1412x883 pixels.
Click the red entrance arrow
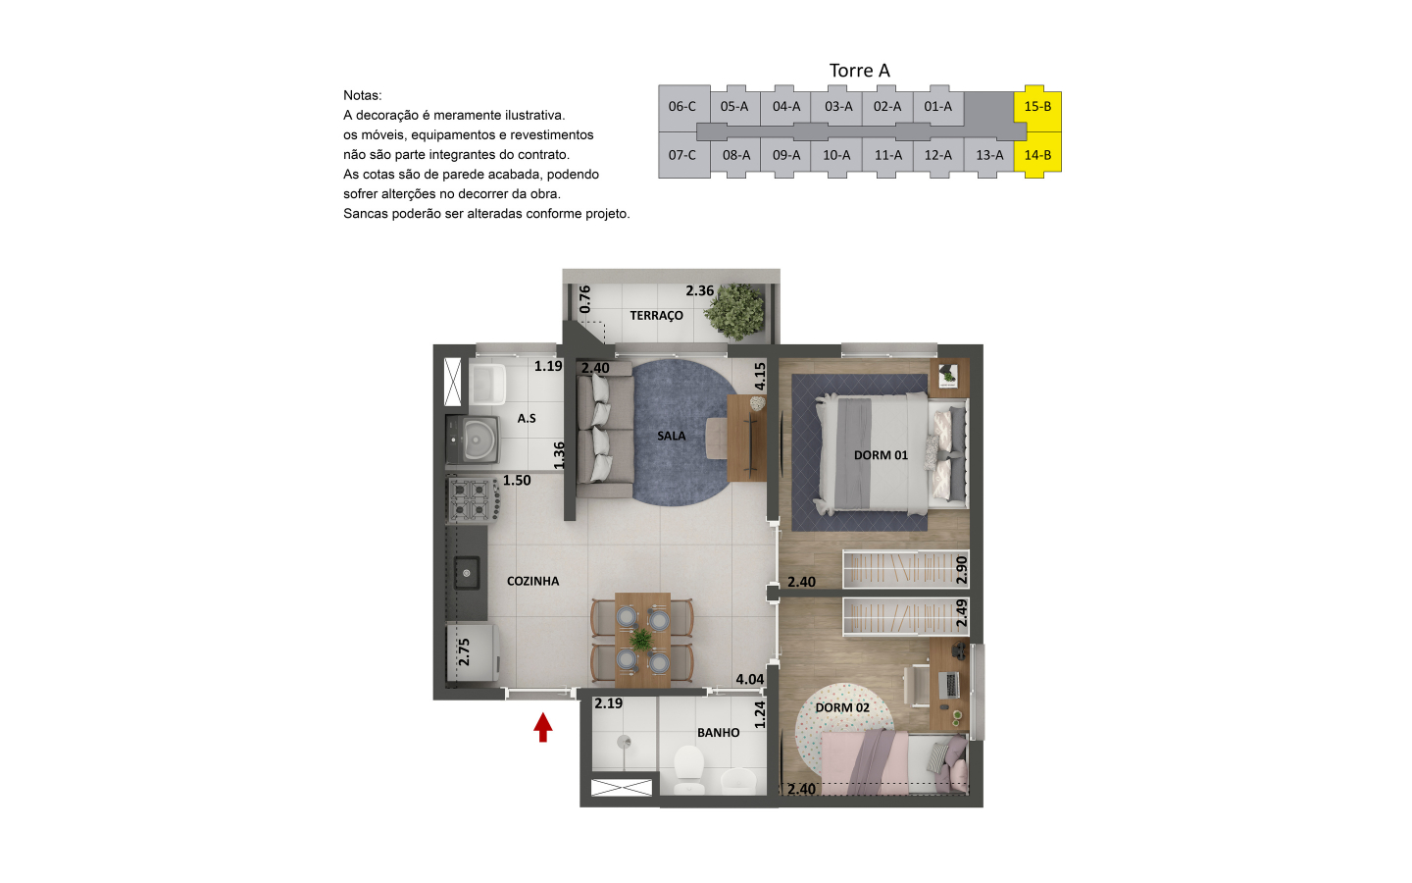(x=543, y=727)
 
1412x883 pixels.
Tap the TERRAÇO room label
(x=656, y=315)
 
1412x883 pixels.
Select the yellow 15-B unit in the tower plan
(x=1037, y=107)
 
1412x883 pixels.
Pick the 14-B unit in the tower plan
(x=1037, y=155)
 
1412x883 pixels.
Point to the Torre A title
(x=859, y=71)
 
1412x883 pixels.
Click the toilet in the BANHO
(x=689, y=769)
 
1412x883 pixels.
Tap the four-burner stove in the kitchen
(x=471, y=500)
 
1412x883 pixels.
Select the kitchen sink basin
(x=467, y=573)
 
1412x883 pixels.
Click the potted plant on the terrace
(x=734, y=312)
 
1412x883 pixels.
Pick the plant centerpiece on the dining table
(x=641, y=640)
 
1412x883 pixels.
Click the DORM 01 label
(x=881, y=455)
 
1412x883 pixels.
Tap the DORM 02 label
(x=842, y=707)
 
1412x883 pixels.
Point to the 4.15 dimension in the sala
(x=760, y=377)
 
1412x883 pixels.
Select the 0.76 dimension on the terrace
(x=585, y=299)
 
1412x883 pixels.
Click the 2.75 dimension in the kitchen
(x=464, y=652)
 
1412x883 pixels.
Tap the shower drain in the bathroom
(x=624, y=742)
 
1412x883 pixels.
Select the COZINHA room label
(x=532, y=581)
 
